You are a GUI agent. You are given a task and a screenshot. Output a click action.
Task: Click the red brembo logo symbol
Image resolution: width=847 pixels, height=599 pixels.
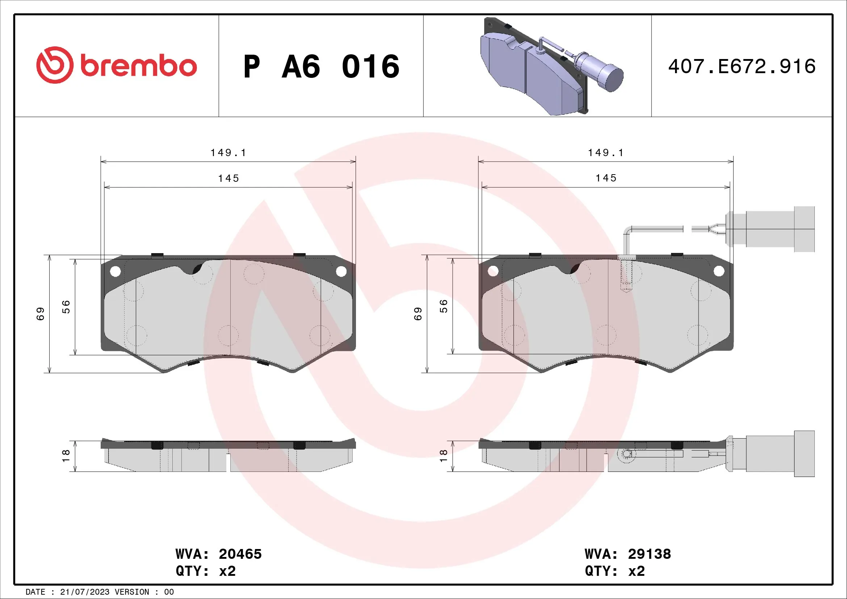point(54,65)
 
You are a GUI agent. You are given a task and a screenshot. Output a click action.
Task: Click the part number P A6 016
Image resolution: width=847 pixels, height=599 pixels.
point(321,67)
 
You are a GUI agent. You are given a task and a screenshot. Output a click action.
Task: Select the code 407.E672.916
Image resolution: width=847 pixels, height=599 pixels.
point(742,67)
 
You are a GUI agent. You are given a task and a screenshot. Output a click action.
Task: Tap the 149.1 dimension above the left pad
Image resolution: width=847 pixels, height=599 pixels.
point(228,153)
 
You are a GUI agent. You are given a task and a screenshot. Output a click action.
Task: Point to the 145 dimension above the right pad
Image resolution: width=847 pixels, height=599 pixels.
point(606,178)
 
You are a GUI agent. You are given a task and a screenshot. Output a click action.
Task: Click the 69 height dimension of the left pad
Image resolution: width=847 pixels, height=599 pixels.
point(40,314)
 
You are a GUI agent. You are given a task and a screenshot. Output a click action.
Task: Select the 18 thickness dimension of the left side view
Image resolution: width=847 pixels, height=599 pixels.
point(66,456)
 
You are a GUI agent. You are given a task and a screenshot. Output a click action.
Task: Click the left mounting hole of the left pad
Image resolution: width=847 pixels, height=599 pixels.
point(116,272)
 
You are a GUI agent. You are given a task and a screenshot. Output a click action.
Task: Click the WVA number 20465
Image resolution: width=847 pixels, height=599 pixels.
point(240,554)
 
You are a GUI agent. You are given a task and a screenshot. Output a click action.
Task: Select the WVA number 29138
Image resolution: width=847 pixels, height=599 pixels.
point(649,554)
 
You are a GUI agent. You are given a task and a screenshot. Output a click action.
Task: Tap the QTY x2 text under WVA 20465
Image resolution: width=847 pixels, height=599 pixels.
point(205,571)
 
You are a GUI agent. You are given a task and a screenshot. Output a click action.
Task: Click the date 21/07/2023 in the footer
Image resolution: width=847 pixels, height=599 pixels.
point(84,592)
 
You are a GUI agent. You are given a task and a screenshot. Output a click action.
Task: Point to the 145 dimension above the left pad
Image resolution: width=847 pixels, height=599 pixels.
point(228,179)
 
